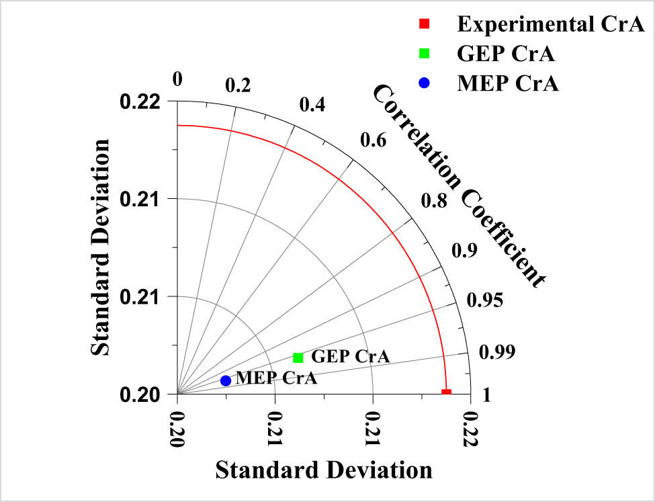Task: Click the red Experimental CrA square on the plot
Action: click(x=446, y=392)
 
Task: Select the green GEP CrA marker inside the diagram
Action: click(x=298, y=358)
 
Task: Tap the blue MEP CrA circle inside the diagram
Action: click(x=226, y=380)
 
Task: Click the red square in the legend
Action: click(x=425, y=25)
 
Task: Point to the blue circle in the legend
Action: click(x=425, y=83)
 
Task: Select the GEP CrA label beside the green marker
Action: click(x=349, y=356)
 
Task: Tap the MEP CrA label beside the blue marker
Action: click(x=277, y=379)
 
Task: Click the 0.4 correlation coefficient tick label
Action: click(x=312, y=105)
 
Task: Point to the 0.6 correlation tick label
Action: click(x=374, y=140)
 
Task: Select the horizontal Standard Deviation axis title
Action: click(x=323, y=469)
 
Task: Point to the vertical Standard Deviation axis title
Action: click(x=100, y=247)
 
